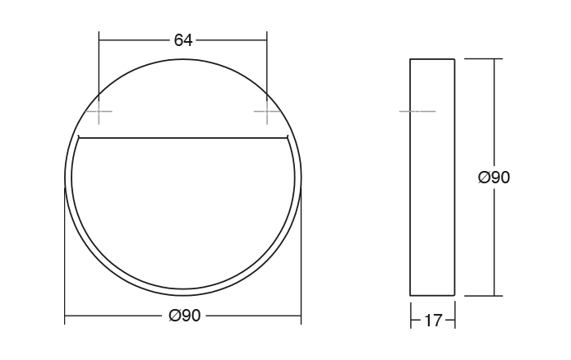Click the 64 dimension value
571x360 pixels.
[x=182, y=40]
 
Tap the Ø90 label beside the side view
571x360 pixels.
[x=494, y=177]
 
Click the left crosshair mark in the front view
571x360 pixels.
[x=99, y=111]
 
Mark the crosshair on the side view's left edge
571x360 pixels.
[x=410, y=111]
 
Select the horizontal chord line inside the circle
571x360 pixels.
[x=182, y=136]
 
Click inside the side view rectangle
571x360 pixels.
[x=432, y=177]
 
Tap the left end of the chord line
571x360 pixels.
[x=78, y=136]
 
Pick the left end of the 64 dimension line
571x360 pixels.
[x=99, y=39]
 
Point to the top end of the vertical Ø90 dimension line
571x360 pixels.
[x=494, y=59]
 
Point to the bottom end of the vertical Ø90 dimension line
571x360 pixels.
[x=494, y=295]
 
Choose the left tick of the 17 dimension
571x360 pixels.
[x=410, y=321]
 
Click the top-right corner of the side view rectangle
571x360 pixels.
[x=454, y=59]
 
